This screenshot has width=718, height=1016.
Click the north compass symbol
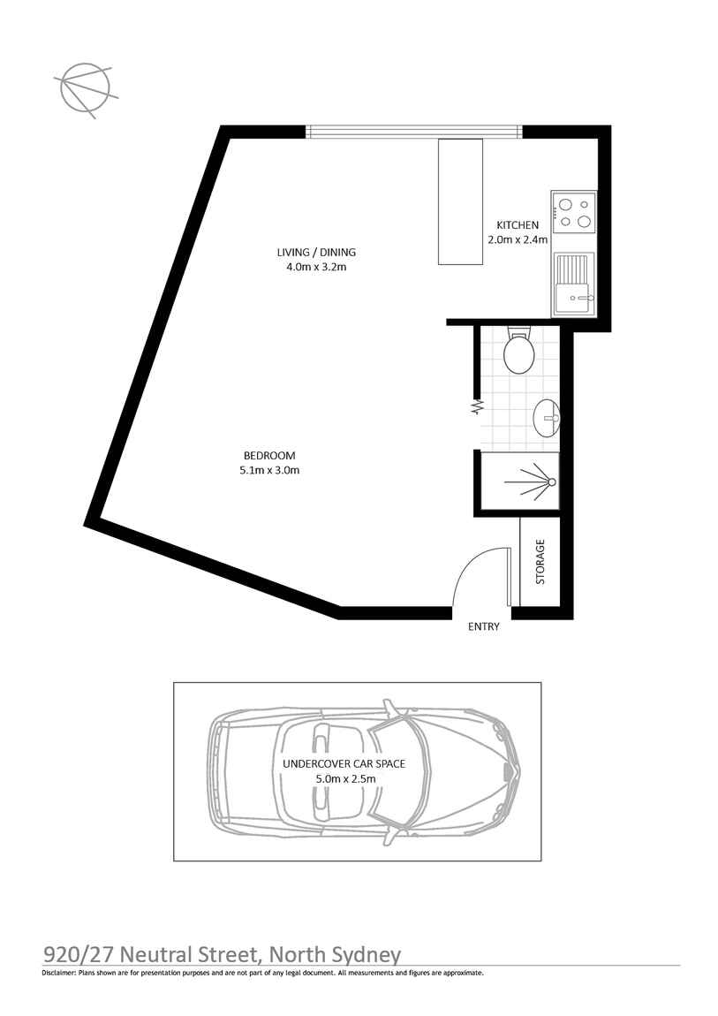click(85, 87)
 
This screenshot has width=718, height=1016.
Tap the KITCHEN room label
click(517, 225)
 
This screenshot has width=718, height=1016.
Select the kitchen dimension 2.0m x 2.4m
click(517, 239)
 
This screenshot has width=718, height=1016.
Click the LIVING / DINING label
click(316, 252)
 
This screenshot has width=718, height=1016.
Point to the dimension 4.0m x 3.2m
click(316, 267)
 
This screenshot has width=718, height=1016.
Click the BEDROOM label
click(269, 456)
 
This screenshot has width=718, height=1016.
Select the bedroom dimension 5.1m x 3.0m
click(269, 470)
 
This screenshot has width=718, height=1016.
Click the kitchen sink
click(574, 284)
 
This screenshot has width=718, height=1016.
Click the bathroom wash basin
click(546, 417)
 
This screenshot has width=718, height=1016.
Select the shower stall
click(519, 481)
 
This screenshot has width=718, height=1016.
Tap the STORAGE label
click(540, 562)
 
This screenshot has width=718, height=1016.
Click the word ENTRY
click(484, 626)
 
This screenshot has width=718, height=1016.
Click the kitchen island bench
click(460, 201)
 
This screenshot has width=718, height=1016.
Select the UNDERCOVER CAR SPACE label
click(344, 763)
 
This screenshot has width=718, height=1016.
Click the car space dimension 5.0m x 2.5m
click(345, 778)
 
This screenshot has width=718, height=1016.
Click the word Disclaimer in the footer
click(58, 973)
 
